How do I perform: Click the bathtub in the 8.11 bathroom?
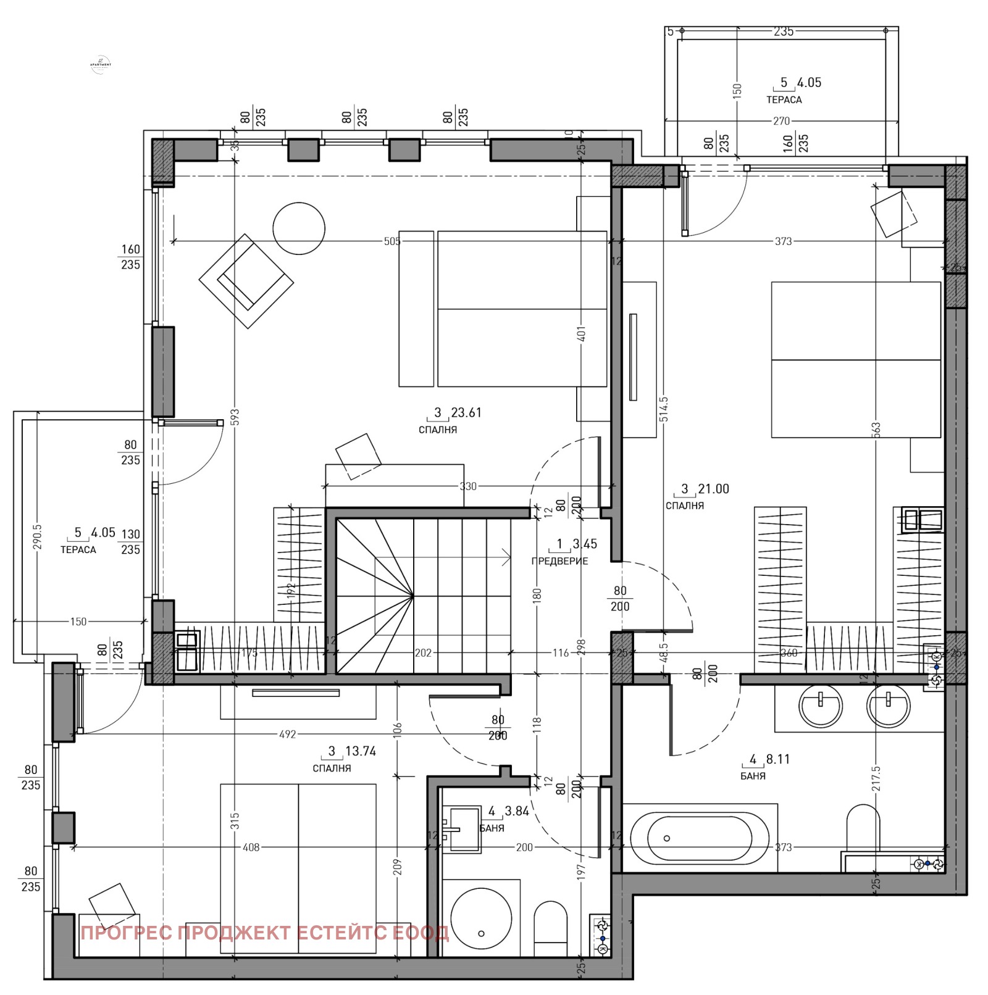[699, 838]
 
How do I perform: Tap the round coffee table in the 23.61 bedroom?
[299, 228]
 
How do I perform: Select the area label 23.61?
[466, 412]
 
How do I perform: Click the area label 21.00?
[713, 489]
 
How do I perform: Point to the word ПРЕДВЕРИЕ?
[559, 561]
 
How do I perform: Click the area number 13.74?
[360, 751]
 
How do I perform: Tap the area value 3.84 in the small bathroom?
[517, 811]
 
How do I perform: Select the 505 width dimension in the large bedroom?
[392, 241]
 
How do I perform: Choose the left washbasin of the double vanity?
[821, 706]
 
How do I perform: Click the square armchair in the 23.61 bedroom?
[246, 281]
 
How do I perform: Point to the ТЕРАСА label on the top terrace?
[784, 99]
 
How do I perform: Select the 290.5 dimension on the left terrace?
[37, 537]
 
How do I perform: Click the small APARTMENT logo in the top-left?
[101, 64]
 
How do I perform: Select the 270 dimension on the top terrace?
[781, 121]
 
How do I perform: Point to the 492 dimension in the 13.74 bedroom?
[288, 735]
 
